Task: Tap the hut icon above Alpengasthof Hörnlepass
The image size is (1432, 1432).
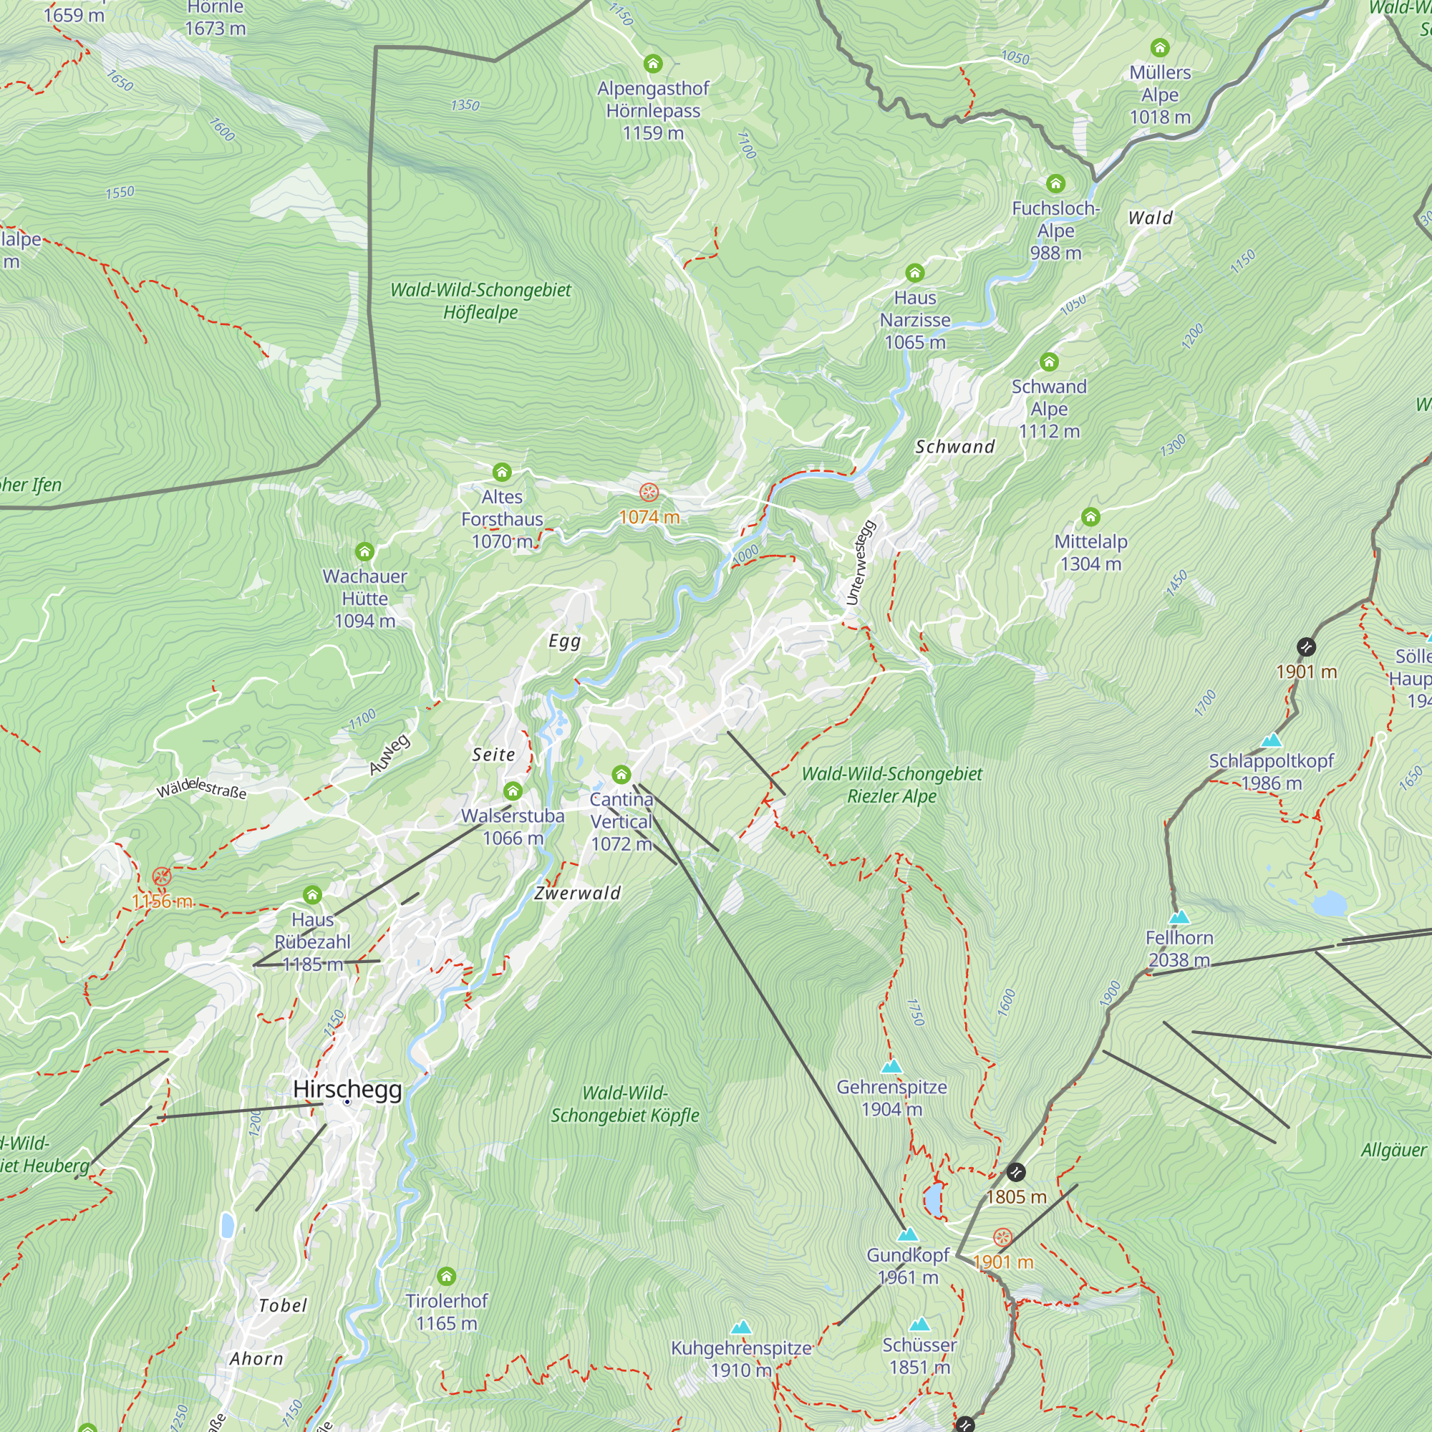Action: [x=652, y=64]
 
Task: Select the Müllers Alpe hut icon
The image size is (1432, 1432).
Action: [x=1159, y=48]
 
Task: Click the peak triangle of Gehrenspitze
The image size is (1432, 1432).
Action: [x=891, y=1067]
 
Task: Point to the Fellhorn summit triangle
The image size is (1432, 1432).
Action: [x=1179, y=917]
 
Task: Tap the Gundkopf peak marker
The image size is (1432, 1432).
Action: [x=907, y=1235]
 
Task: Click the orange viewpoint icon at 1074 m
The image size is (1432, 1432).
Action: [x=649, y=492]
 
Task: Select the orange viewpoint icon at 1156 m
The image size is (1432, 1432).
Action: [x=162, y=877]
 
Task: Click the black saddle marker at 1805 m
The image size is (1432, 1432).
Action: [x=1015, y=1172]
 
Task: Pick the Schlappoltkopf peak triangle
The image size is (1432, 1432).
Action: [x=1271, y=740]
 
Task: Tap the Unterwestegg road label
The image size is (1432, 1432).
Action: [x=861, y=563]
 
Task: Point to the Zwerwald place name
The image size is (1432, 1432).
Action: [x=577, y=893]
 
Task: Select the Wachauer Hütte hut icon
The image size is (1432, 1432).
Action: [x=364, y=551]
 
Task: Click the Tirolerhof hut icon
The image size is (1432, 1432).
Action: [x=446, y=1276]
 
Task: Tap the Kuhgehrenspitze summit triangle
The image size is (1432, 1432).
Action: [x=740, y=1327]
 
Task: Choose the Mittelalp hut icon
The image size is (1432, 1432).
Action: [x=1090, y=517]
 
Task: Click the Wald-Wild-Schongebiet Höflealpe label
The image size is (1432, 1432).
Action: [x=480, y=301]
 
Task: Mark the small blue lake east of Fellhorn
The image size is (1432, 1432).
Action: [x=1328, y=904]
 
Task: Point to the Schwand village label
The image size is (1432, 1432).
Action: [x=954, y=447]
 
